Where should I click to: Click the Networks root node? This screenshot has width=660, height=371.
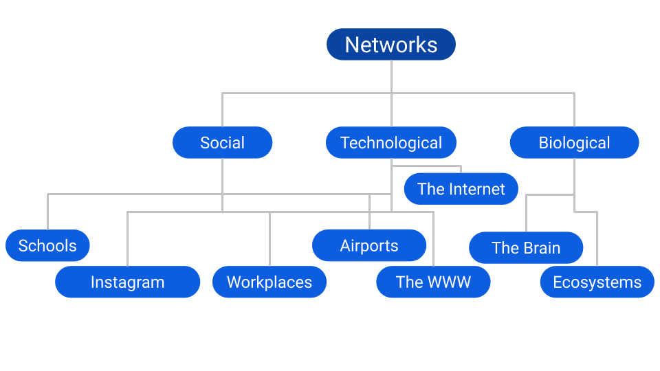pos(391,45)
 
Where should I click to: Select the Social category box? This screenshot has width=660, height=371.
pos(222,143)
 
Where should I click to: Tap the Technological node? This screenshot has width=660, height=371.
pos(391,143)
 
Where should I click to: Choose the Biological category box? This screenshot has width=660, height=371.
pos(574,143)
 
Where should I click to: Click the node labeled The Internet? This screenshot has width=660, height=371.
pos(461,189)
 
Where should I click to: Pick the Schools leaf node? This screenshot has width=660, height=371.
pos(47,245)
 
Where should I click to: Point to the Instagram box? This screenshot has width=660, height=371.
pos(127,282)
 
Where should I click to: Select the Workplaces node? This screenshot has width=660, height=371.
pos(269,282)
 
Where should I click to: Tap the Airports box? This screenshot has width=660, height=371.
pos(369,245)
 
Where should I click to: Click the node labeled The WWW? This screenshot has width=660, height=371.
pos(433,282)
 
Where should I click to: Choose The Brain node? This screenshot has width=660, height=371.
pos(526,248)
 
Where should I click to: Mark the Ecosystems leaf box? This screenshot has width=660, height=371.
pos(597,282)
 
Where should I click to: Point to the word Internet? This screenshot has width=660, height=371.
pos(476,189)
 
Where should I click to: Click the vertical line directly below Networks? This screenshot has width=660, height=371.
pos(391,76)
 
